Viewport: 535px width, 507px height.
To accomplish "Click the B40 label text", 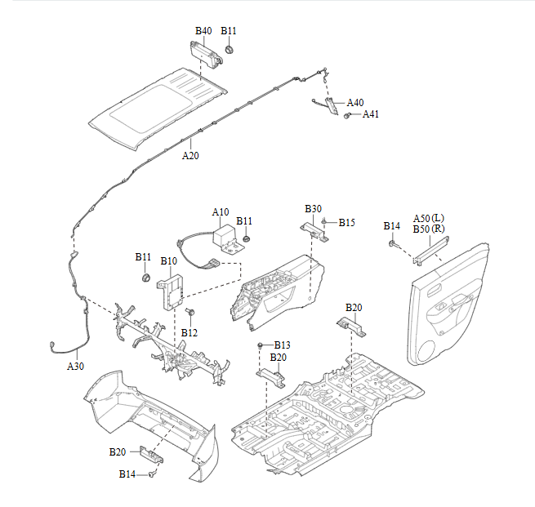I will tap(203, 31).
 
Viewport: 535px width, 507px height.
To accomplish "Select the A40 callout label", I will tap(355, 103).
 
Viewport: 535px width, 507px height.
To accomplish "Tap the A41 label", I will tap(371, 114).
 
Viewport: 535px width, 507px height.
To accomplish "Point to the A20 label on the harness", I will tap(189, 155).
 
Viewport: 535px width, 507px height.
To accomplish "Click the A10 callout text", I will tap(221, 212).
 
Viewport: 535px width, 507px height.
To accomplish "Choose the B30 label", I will tap(314, 209).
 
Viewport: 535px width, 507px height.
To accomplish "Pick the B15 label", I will tap(347, 222).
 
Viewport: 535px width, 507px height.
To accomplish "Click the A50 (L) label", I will tap(428, 219).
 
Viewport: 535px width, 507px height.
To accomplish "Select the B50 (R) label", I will tap(428, 229).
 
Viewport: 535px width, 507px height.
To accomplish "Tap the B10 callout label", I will tap(168, 261).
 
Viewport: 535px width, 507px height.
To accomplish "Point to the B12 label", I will tap(189, 332).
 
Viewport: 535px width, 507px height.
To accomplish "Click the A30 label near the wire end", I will tap(75, 367).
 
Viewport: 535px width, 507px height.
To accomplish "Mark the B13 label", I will tap(282, 345).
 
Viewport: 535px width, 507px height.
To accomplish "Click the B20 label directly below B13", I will tap(279, 358).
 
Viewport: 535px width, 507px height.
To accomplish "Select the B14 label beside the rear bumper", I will tap(127, 474).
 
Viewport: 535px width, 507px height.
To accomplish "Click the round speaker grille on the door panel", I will tap(426, 350).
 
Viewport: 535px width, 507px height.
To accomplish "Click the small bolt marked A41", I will tap(348, 116).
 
